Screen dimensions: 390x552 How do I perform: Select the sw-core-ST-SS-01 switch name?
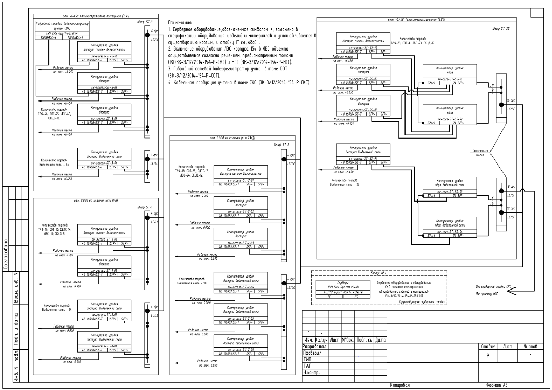(443, 79)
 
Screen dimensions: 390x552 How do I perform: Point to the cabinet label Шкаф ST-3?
(144, 22)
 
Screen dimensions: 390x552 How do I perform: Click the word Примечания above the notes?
(180, 23)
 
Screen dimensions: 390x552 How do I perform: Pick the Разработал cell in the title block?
(315, 346)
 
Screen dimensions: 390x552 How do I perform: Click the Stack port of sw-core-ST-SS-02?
(431, 123)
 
